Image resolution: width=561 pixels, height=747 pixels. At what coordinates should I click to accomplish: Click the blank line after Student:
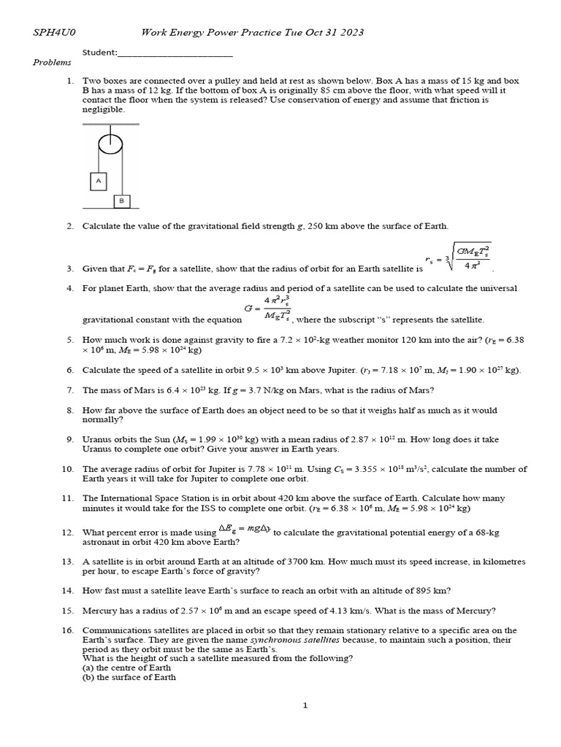(x=175, y=53)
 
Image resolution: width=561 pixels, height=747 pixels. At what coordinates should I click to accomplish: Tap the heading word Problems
(x=52, y=63)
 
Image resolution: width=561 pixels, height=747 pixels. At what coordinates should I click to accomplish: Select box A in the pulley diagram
(x=97, y=179)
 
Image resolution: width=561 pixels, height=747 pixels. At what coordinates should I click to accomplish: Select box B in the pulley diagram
(x=121, y=201)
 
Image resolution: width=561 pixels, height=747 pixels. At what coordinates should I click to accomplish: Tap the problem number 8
(x=70, y=411)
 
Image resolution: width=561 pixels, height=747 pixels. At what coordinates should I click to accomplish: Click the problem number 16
(x=68, y=630)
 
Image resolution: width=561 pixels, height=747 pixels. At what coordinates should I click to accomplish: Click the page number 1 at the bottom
(x=306, y=705)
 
